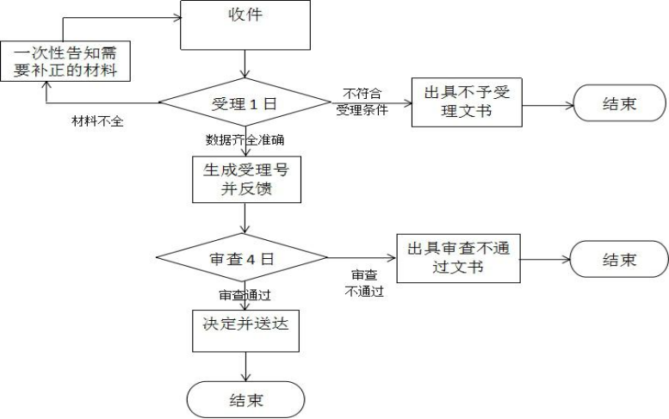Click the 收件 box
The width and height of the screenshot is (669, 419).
click(245, 25)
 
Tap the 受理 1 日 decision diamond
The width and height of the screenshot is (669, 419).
click(247, 104)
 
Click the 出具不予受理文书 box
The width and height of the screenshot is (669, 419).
click(466, 103)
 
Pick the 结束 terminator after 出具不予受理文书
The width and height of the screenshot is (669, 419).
click(617, 103)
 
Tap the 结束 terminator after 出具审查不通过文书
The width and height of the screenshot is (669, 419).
click(618, 259)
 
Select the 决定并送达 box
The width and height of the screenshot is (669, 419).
click(246, 326)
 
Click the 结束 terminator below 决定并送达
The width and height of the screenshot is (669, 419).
click(246, 400)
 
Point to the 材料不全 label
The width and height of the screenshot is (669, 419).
click(97, 120)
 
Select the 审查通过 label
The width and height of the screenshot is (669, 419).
click(245, 295)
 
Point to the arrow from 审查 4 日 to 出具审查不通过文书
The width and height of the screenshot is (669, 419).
click(362, 257)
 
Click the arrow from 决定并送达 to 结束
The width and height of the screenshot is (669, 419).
click(247, 366)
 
